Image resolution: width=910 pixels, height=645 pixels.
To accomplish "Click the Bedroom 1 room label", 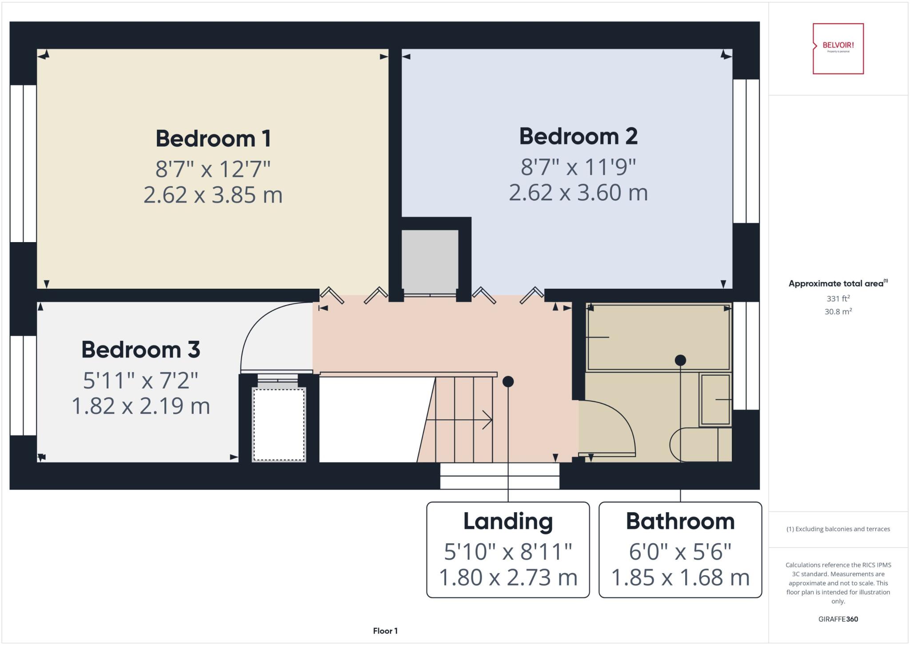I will (213, 139).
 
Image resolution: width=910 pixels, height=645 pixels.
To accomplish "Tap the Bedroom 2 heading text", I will (578, 136).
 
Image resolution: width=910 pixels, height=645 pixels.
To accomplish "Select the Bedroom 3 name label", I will (140, 350).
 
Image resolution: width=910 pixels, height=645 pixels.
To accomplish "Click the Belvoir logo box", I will (838, 48).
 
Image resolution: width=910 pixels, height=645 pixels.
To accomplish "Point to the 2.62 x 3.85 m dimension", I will (213, 195).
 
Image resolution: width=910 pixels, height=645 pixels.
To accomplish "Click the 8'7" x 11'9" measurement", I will (578, 167).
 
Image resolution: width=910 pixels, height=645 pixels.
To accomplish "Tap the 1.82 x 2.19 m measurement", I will (140, 406).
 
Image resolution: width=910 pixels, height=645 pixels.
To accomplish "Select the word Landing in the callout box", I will (508, 522).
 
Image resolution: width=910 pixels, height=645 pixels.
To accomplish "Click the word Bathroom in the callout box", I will (680, 522).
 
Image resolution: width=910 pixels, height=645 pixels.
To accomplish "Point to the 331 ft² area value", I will (838, 299).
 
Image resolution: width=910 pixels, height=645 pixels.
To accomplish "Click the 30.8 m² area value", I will (838, 312).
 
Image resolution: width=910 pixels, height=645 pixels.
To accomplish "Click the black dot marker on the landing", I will (508, 382).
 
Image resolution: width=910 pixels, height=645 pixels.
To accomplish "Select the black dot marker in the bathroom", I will (680, 360).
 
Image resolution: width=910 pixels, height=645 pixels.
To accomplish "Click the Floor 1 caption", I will (385, 631).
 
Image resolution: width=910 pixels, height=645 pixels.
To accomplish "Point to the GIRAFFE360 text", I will (838, 619).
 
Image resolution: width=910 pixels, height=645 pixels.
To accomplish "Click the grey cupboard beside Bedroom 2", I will (430, 261).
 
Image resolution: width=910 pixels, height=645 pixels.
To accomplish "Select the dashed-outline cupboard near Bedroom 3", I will (279, 424).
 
